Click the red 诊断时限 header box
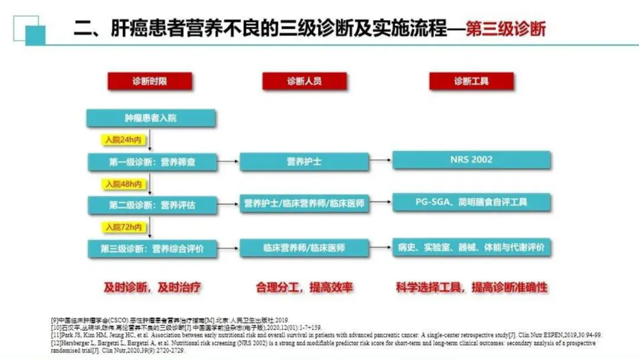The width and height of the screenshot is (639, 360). coord(150,81)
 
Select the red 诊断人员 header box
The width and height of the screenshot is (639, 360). coord(305,81)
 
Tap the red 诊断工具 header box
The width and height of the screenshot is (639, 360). coord(472,81)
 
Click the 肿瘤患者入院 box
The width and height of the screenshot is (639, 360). coord(150,118)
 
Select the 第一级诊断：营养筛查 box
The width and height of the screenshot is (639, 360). coord(151,162)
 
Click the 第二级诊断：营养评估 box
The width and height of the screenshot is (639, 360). coord(151,205)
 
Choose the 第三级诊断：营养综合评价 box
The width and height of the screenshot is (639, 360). coord(151,249)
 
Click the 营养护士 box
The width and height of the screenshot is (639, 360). coord(304,162)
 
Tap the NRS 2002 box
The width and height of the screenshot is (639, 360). coord(471,159)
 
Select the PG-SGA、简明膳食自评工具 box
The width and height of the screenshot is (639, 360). coord(471,202)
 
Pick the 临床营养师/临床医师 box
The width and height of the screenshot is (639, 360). coord(304,248)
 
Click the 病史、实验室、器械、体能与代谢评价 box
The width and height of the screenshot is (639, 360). coord(471,247)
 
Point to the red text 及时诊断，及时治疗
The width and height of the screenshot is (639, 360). coord(153,288)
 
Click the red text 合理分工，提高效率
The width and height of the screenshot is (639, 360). coord(305,288)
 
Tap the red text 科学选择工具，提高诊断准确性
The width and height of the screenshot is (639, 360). coord(472,288)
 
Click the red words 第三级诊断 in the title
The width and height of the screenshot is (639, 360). coord(506,29)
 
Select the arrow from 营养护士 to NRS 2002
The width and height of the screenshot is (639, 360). coord(380,160)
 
